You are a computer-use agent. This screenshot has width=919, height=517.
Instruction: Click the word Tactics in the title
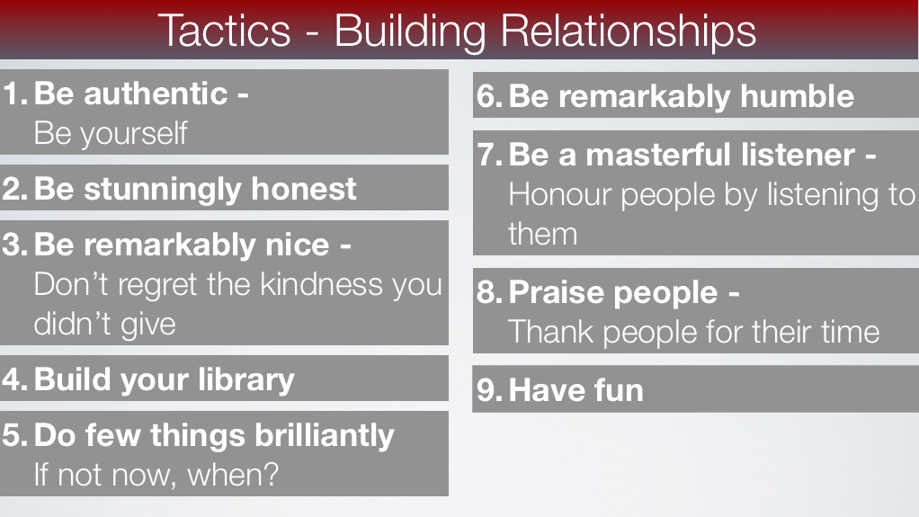pyautogui.click(x=224, y=31)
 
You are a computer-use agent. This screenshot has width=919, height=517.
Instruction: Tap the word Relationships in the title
pyautogui.click(x=628, y=33)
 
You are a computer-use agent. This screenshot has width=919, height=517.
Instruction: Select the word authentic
pyautogui.click(x=156, y=94)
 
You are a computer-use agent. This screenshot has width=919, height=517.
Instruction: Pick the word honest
pyautogui.click(x=304, y=189)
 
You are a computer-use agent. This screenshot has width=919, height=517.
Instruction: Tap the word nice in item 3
pyautogui.click(x=297, y=245)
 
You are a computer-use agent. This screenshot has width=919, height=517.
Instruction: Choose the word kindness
pyautogui.click(x=322, y=284)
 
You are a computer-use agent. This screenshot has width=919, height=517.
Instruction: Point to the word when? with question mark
pyautogui.click(x=233, y=474)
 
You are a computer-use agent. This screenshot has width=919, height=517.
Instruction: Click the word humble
pyautogui.click(x=797, y=96)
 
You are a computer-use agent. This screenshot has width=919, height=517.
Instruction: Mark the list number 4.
pyautogui.click(x=14, y=379)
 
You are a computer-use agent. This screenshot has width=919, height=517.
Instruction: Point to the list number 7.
pyautogui.click(x=489, y=155)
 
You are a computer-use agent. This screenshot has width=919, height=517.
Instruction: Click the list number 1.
pyautogui.click(x=14, y=94)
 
